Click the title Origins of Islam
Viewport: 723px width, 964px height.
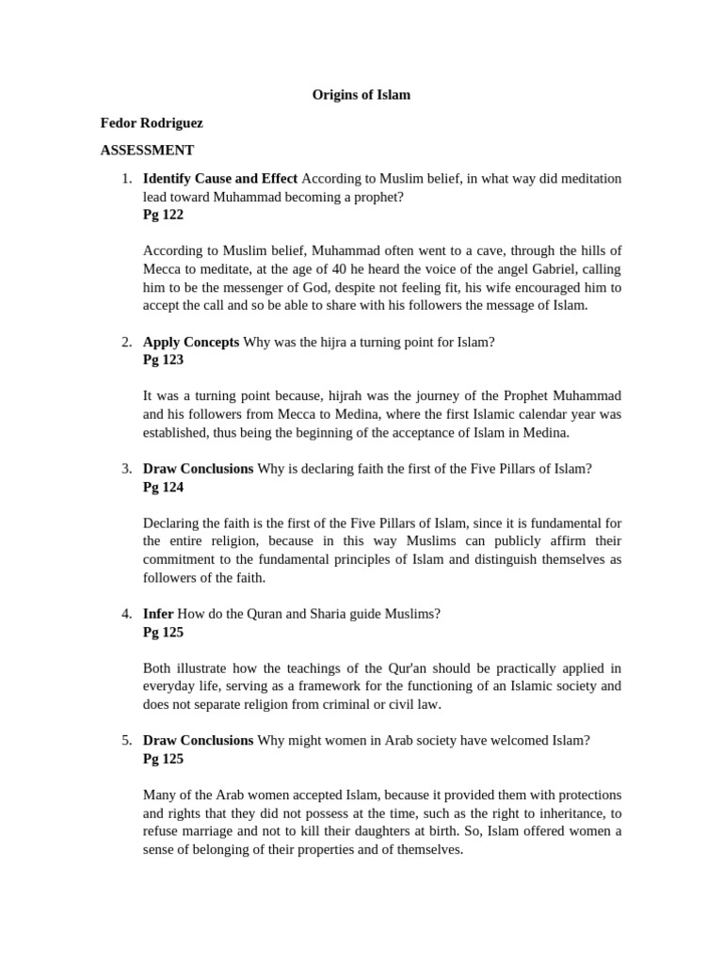361,95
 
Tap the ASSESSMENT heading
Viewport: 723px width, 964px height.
148,150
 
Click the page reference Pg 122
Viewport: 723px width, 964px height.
163,215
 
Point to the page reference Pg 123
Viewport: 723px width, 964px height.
163,360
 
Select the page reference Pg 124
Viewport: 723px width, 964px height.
163,487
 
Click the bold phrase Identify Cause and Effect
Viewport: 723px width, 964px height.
220,178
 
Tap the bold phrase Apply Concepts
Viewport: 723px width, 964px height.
191,342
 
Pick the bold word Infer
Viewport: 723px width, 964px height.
158,614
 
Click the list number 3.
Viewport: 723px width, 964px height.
126,469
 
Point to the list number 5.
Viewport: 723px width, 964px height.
126,741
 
